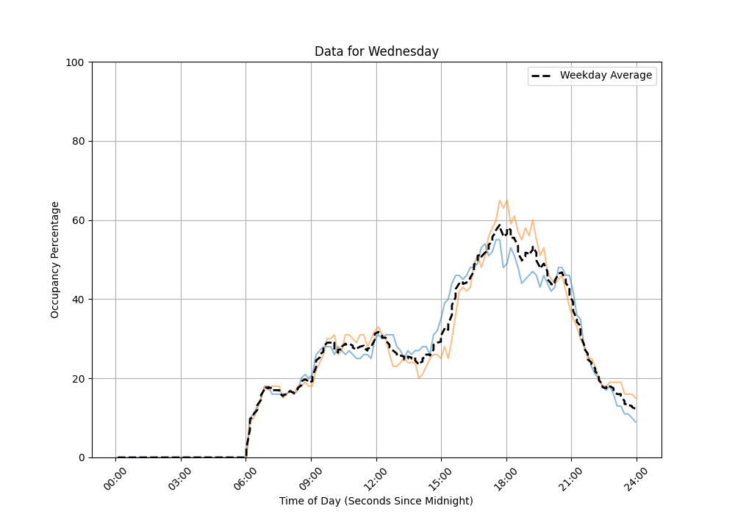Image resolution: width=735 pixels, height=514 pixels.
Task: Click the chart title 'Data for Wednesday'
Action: [x=376, y=51]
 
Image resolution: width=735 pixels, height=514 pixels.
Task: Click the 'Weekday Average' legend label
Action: [x=606, y=76]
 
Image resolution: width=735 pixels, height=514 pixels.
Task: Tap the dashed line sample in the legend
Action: [x=542, y=76]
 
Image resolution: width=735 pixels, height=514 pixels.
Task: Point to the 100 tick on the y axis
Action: [x=76, y=62]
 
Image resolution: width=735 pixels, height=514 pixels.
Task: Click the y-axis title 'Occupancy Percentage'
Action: [x=55, y=259]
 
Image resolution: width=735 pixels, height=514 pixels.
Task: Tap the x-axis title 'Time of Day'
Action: [x=376, y=501]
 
